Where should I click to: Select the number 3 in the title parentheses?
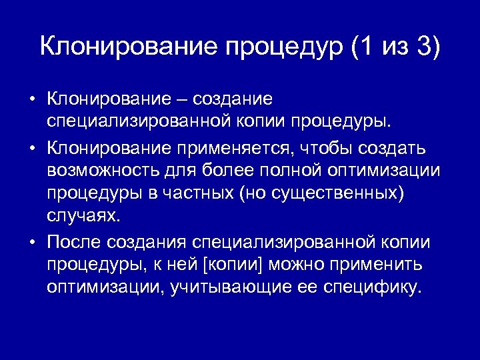point(424,47)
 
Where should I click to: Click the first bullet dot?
point(32,100)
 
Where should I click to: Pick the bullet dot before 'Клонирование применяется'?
point(32,147)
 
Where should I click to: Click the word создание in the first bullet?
point(233,99)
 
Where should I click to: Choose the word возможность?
point(100,170)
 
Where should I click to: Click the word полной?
point(289,169)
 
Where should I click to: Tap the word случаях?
point(85,217)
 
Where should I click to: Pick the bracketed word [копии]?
point(237,265)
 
